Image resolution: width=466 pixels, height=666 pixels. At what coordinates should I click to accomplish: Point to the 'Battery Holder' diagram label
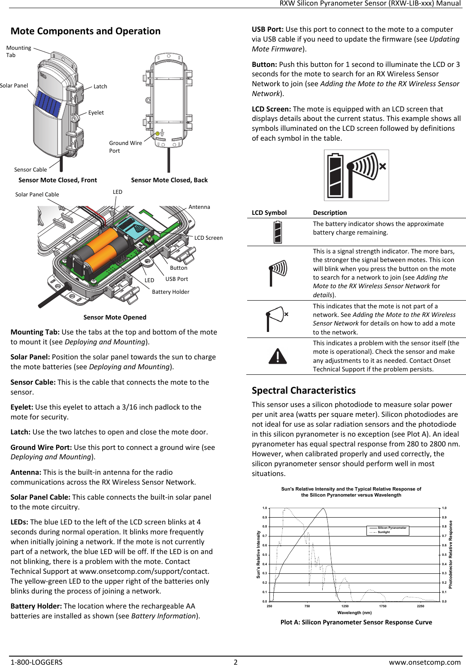tap(170, 292)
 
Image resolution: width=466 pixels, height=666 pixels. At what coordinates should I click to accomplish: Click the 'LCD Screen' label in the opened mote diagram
tap(208, 238)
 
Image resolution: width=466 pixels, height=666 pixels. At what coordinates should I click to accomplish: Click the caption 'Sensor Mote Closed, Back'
tap(169, 180)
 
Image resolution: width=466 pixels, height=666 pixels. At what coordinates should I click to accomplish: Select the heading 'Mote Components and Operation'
tap(85, 31)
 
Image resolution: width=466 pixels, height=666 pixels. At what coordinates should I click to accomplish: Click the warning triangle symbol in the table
tap(277, 356)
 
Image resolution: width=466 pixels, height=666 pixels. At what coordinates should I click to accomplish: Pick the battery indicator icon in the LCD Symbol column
tap(278, 232)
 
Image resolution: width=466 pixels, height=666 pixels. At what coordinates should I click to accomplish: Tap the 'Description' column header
tap(330, 213)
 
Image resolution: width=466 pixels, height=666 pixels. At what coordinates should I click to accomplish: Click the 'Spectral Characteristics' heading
tap(303, 390)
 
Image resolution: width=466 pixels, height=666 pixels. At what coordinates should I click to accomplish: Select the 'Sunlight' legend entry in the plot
tap(384, 532)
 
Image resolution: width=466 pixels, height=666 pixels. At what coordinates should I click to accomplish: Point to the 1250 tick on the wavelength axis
tap(345, 606)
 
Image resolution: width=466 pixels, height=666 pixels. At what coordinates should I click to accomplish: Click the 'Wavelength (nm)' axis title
tap(354, 612)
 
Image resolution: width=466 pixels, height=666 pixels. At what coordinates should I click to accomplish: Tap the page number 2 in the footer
tap(235, 662)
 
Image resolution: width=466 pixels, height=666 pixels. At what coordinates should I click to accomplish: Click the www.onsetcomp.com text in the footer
tap(424, 662)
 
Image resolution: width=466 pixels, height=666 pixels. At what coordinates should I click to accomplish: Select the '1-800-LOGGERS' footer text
tap(36, 662)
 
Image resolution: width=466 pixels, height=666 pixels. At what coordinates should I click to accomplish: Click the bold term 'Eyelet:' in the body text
tap(21, 407)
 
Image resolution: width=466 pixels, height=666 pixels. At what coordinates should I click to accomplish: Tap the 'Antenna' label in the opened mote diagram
tap(199, 207)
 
